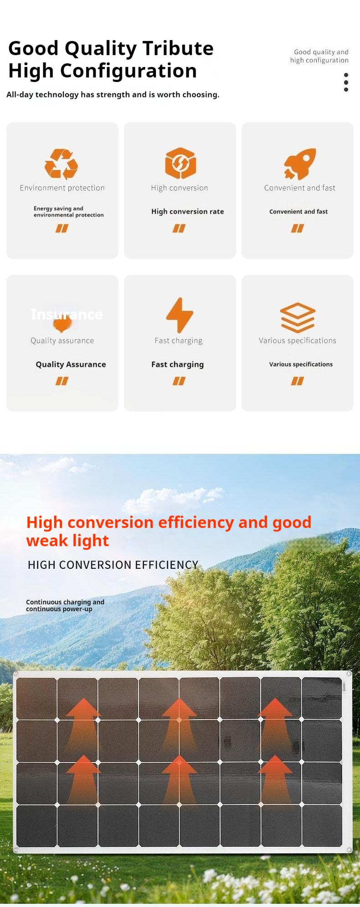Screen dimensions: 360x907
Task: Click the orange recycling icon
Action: click(62, 164)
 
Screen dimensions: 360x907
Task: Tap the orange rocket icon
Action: click(300, 164)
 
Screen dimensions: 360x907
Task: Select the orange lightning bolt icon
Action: click(180, 315)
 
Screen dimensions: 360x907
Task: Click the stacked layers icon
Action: click(298, 317)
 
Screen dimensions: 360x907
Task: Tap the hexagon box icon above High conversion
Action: click(180, 163)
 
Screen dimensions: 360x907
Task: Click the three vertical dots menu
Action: click(346, 82)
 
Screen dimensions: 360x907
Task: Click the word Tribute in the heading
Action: click(178, 48)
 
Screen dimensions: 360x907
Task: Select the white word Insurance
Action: click(67, 314)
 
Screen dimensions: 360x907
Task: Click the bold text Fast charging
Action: click(178, 365)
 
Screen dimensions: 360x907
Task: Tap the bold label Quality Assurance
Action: click(71, 364)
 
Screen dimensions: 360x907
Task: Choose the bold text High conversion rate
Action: click(188, 211)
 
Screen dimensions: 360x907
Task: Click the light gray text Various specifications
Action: click(298, 340)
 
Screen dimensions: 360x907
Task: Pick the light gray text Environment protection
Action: click(62, 188)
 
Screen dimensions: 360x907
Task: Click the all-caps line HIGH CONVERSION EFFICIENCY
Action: click(113, 565)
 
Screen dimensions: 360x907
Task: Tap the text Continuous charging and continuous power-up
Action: click(65, 605)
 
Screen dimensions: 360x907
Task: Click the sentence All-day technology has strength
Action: click(113, 95)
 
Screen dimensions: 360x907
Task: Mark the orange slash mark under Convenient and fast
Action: click(298, 228)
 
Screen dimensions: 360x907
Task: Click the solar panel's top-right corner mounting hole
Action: click(350, 674)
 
